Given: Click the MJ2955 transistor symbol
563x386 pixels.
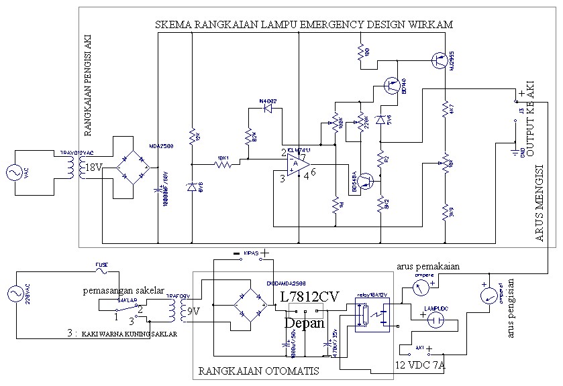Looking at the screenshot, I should tap(440, 60).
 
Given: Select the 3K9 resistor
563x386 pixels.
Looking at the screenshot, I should tap(444, 213).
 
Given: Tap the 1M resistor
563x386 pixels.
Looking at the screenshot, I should tap(334, 204).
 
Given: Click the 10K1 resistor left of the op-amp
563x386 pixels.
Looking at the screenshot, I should tap(223, 164).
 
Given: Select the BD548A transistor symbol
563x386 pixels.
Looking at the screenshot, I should tap(365, 181).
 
